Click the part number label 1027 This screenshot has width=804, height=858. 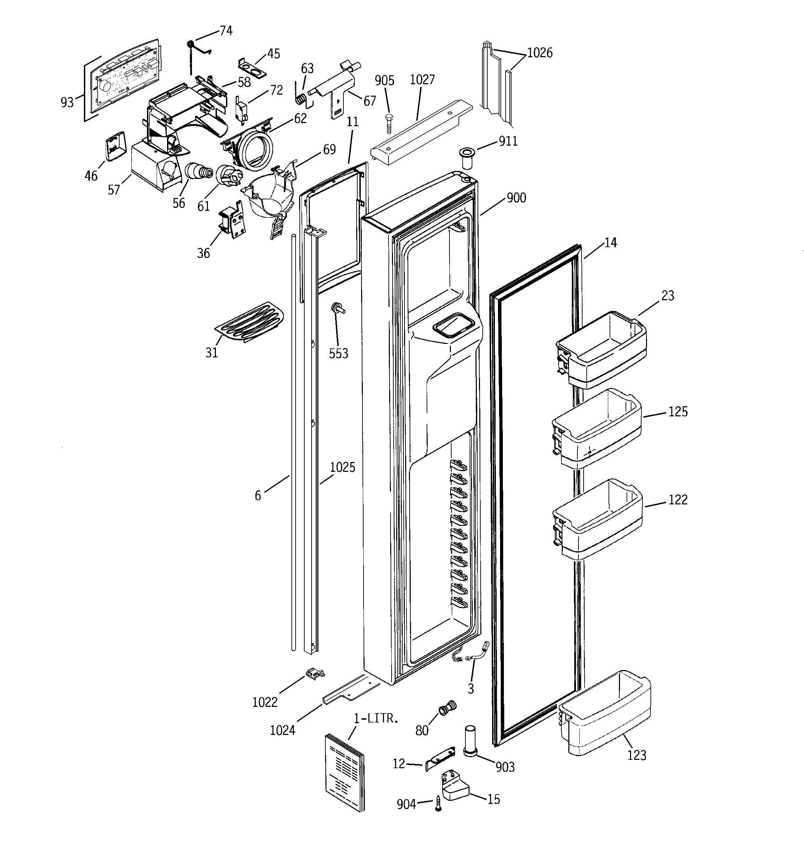point(422,80)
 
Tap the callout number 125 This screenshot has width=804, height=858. point(678,412)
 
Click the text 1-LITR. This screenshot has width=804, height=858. point(375,719)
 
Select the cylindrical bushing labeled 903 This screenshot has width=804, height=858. point(470,741)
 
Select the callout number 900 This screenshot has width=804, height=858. point(516,198)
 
